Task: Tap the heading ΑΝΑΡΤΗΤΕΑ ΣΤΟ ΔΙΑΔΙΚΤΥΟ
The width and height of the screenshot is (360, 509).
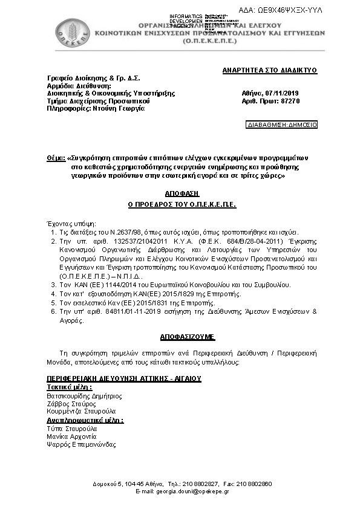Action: (270, 71)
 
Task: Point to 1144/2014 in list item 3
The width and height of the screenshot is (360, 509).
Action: (113, 284)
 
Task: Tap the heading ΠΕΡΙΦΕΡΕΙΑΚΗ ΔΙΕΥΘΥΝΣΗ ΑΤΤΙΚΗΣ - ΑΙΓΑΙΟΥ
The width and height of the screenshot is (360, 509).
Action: (124, 378)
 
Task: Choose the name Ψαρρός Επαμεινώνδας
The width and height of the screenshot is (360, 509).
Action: (82, 444)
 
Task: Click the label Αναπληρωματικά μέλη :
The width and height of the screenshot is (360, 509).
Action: (85, 420)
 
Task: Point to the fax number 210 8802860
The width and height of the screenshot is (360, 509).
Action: (257, 484)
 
